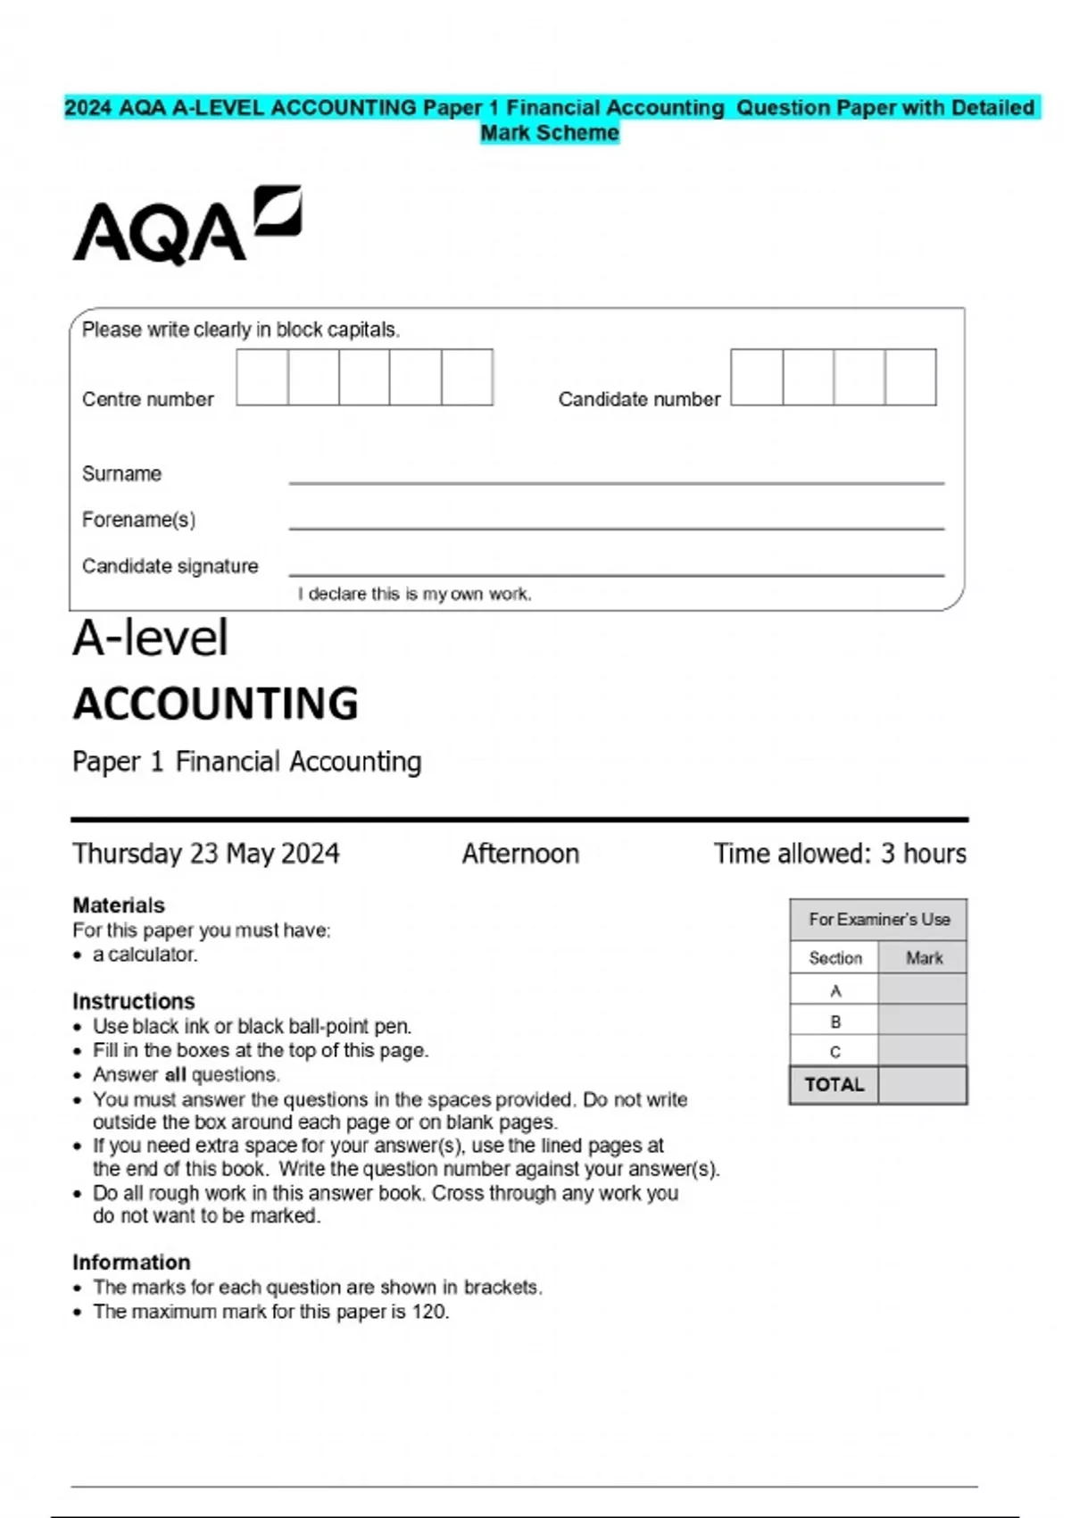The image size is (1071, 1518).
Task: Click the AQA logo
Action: tap(187, 225)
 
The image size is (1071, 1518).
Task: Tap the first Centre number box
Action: tap(262, 378)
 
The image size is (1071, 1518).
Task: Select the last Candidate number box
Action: tap(910, 378)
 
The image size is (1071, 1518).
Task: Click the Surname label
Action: tap(121, 473)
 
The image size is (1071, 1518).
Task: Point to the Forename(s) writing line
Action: tap(616, 527)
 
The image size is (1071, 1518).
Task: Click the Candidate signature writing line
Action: tap(616, 573)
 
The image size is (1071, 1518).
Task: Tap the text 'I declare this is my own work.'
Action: tap(415, 594)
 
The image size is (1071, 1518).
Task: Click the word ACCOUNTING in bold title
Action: tap(216, 704)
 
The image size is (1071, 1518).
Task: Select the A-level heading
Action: tap(151, 638)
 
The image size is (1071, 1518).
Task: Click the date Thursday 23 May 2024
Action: tap(206, 854)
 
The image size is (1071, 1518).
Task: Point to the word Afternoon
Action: tap(520, 854)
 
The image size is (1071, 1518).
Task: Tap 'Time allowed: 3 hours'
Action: tap(839, 854)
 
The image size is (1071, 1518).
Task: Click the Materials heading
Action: tap(119, 905)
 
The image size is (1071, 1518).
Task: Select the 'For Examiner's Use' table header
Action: tap(879, 919)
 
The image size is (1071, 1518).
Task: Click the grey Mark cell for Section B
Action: tap(922, 1021)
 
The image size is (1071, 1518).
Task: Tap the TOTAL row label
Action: tap(834, 1085)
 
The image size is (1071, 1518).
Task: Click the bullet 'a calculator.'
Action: tap(145, 955)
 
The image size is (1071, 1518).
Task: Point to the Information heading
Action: tap(131, 1262)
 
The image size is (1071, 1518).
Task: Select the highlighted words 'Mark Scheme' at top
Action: tap(550, 133)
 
